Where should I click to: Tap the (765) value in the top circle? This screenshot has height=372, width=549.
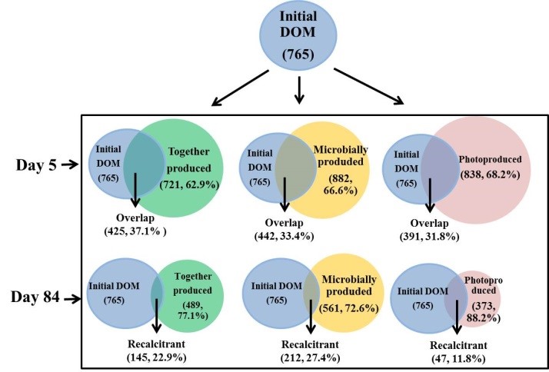point(296,56)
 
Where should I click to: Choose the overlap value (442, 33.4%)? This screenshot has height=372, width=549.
point(284,236)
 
